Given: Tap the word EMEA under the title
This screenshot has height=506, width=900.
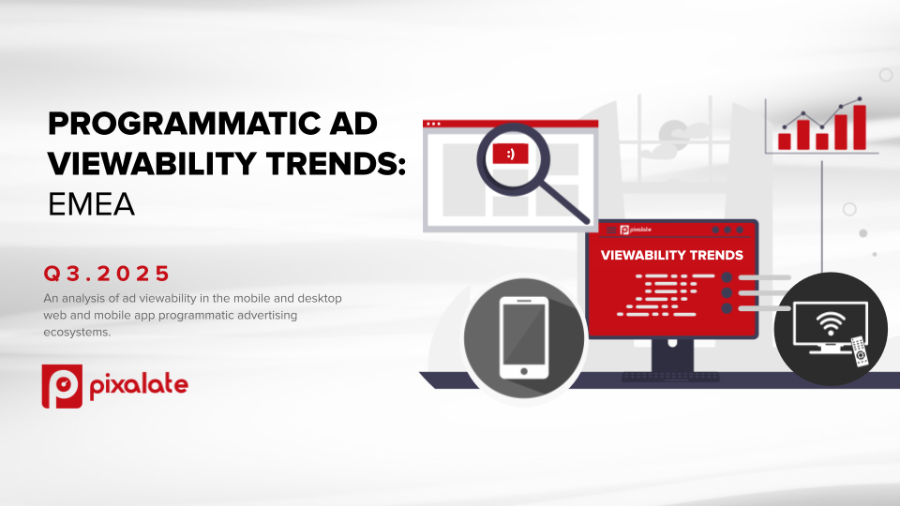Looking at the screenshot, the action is (x=91, y=204).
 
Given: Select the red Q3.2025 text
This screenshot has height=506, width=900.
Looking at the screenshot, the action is (x=107, y=274).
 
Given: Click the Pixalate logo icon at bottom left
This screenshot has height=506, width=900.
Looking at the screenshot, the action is (x=62, y=386).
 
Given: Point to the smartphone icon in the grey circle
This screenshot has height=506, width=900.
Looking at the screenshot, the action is (x=523, y=338).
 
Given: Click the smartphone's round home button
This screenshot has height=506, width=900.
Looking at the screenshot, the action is (x=524, y=371).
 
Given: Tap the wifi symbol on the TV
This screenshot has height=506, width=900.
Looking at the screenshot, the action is (x=831, y=323).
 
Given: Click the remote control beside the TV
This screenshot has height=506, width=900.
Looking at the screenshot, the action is (x=860, y=350).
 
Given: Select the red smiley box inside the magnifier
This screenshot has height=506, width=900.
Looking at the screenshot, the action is (x=510, y=154).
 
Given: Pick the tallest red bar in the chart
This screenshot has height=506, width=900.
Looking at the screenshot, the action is (x=860, y=127).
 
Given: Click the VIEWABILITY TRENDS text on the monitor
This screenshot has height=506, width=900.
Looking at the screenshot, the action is (x=671, y=255).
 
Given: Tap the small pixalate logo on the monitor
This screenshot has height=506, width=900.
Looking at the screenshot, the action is (x=636, y=231).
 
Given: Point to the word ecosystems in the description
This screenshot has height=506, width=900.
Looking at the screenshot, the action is (x=77, y=332).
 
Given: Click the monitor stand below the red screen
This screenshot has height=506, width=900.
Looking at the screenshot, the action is (x=672, y=356).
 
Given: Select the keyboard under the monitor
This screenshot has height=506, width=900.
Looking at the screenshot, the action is (x=671, y=377).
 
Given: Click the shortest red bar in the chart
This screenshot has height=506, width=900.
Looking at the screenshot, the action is (x=784, y=141).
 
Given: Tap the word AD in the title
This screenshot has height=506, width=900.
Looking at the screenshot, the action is (x=355, y=124).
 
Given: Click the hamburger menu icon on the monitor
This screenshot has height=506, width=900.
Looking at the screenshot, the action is (x=611, y=231).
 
